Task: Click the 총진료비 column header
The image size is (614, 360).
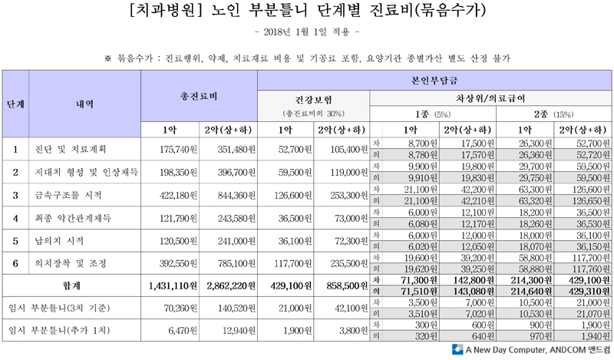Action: [199, 97]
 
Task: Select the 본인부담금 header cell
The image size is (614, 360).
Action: [434, 80]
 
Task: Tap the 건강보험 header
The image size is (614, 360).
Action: [314, 99]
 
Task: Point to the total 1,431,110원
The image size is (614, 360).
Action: [170, 286]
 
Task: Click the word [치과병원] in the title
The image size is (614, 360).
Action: [162, 12]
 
